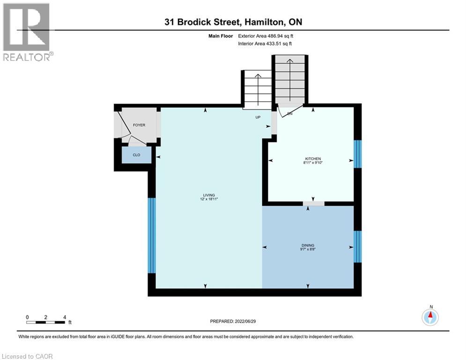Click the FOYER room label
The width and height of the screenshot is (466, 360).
139,125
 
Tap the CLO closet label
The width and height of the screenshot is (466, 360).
136,155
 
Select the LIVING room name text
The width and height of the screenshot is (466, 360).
209,195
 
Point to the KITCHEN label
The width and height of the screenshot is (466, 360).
313,159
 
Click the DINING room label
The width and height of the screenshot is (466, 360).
308,246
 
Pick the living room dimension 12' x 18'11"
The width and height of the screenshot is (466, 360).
209,199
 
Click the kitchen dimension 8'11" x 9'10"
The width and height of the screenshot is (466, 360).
313,163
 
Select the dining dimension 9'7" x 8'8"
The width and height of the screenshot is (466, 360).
308,249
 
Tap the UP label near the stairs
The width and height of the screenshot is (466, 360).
258,117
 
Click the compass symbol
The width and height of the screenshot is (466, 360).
430,317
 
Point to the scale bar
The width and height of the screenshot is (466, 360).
45,322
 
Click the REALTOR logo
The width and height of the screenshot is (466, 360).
26,32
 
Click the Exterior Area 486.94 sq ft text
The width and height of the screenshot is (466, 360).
266,36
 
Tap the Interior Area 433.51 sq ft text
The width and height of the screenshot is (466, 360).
265,44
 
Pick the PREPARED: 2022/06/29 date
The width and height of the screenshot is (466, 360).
233,321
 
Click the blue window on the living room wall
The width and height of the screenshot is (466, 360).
152,235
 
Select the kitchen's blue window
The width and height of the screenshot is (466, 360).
357,154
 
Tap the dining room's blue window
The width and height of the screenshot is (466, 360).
357,247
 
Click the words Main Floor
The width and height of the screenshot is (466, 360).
221,36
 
